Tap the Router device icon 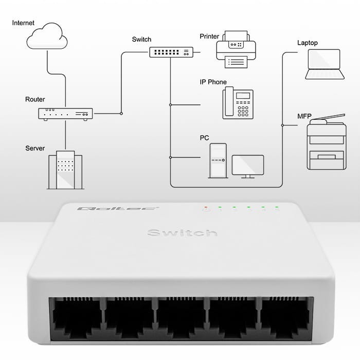[x=65, y=114]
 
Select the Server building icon [x=65, y=170]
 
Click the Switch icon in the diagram [x=171, y=52]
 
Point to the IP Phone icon [x=238, y=103]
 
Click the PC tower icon [x=218, y=160]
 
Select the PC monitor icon [x=248, y=166]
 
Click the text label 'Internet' [x=23, y=23]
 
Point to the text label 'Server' [x=35, y=149]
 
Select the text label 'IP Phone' [x=213, y=82]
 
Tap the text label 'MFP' [x=304, y=116]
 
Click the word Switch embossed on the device [x=182, y=233]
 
